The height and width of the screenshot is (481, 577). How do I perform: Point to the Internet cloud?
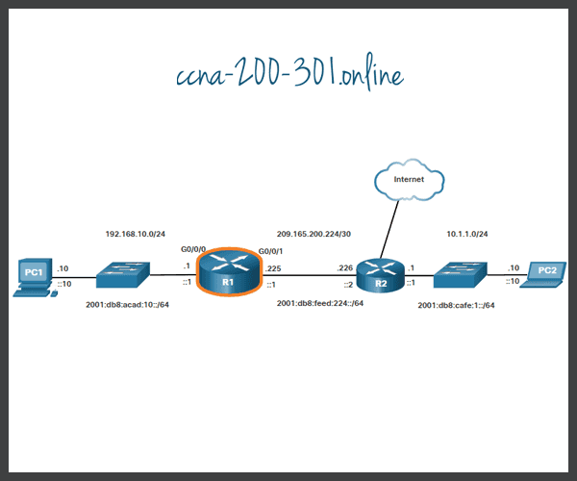tap(409, 179)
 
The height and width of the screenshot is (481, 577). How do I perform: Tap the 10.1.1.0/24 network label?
tap(465, 234)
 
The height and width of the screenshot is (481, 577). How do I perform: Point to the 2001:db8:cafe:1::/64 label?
tap(456, 304)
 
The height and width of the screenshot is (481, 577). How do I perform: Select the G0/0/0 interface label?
tap(193, 248)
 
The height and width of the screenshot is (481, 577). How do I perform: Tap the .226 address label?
tap(346, 268)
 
